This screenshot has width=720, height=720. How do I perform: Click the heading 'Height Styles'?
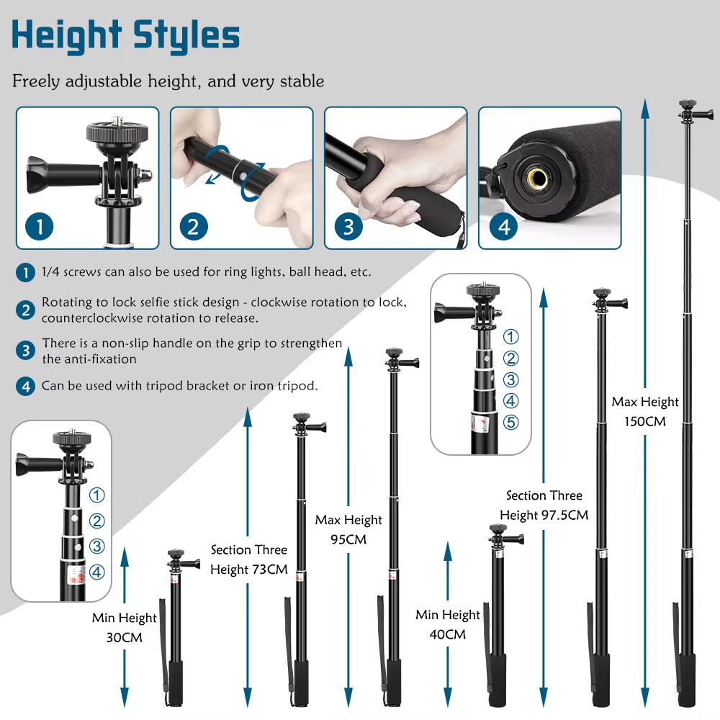point(125,35)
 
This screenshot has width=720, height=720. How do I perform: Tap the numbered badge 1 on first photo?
point(40,227)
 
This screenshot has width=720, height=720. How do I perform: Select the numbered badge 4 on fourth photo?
point(503,227)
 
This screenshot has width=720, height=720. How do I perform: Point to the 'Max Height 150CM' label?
point(645,411)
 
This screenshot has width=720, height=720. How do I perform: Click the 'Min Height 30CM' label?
point(124,627)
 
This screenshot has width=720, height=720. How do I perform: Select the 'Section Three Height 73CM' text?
point(248,559)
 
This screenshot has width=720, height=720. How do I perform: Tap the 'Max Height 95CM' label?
point(348,529)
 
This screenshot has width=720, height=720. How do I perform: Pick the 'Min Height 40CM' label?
point(447,624)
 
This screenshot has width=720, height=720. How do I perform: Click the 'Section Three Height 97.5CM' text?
point(544,505)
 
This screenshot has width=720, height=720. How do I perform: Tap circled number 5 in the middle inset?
point(510,423)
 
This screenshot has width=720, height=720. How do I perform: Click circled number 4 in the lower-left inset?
point(97,572)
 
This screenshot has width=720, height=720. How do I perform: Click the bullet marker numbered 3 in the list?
point(26,351)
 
